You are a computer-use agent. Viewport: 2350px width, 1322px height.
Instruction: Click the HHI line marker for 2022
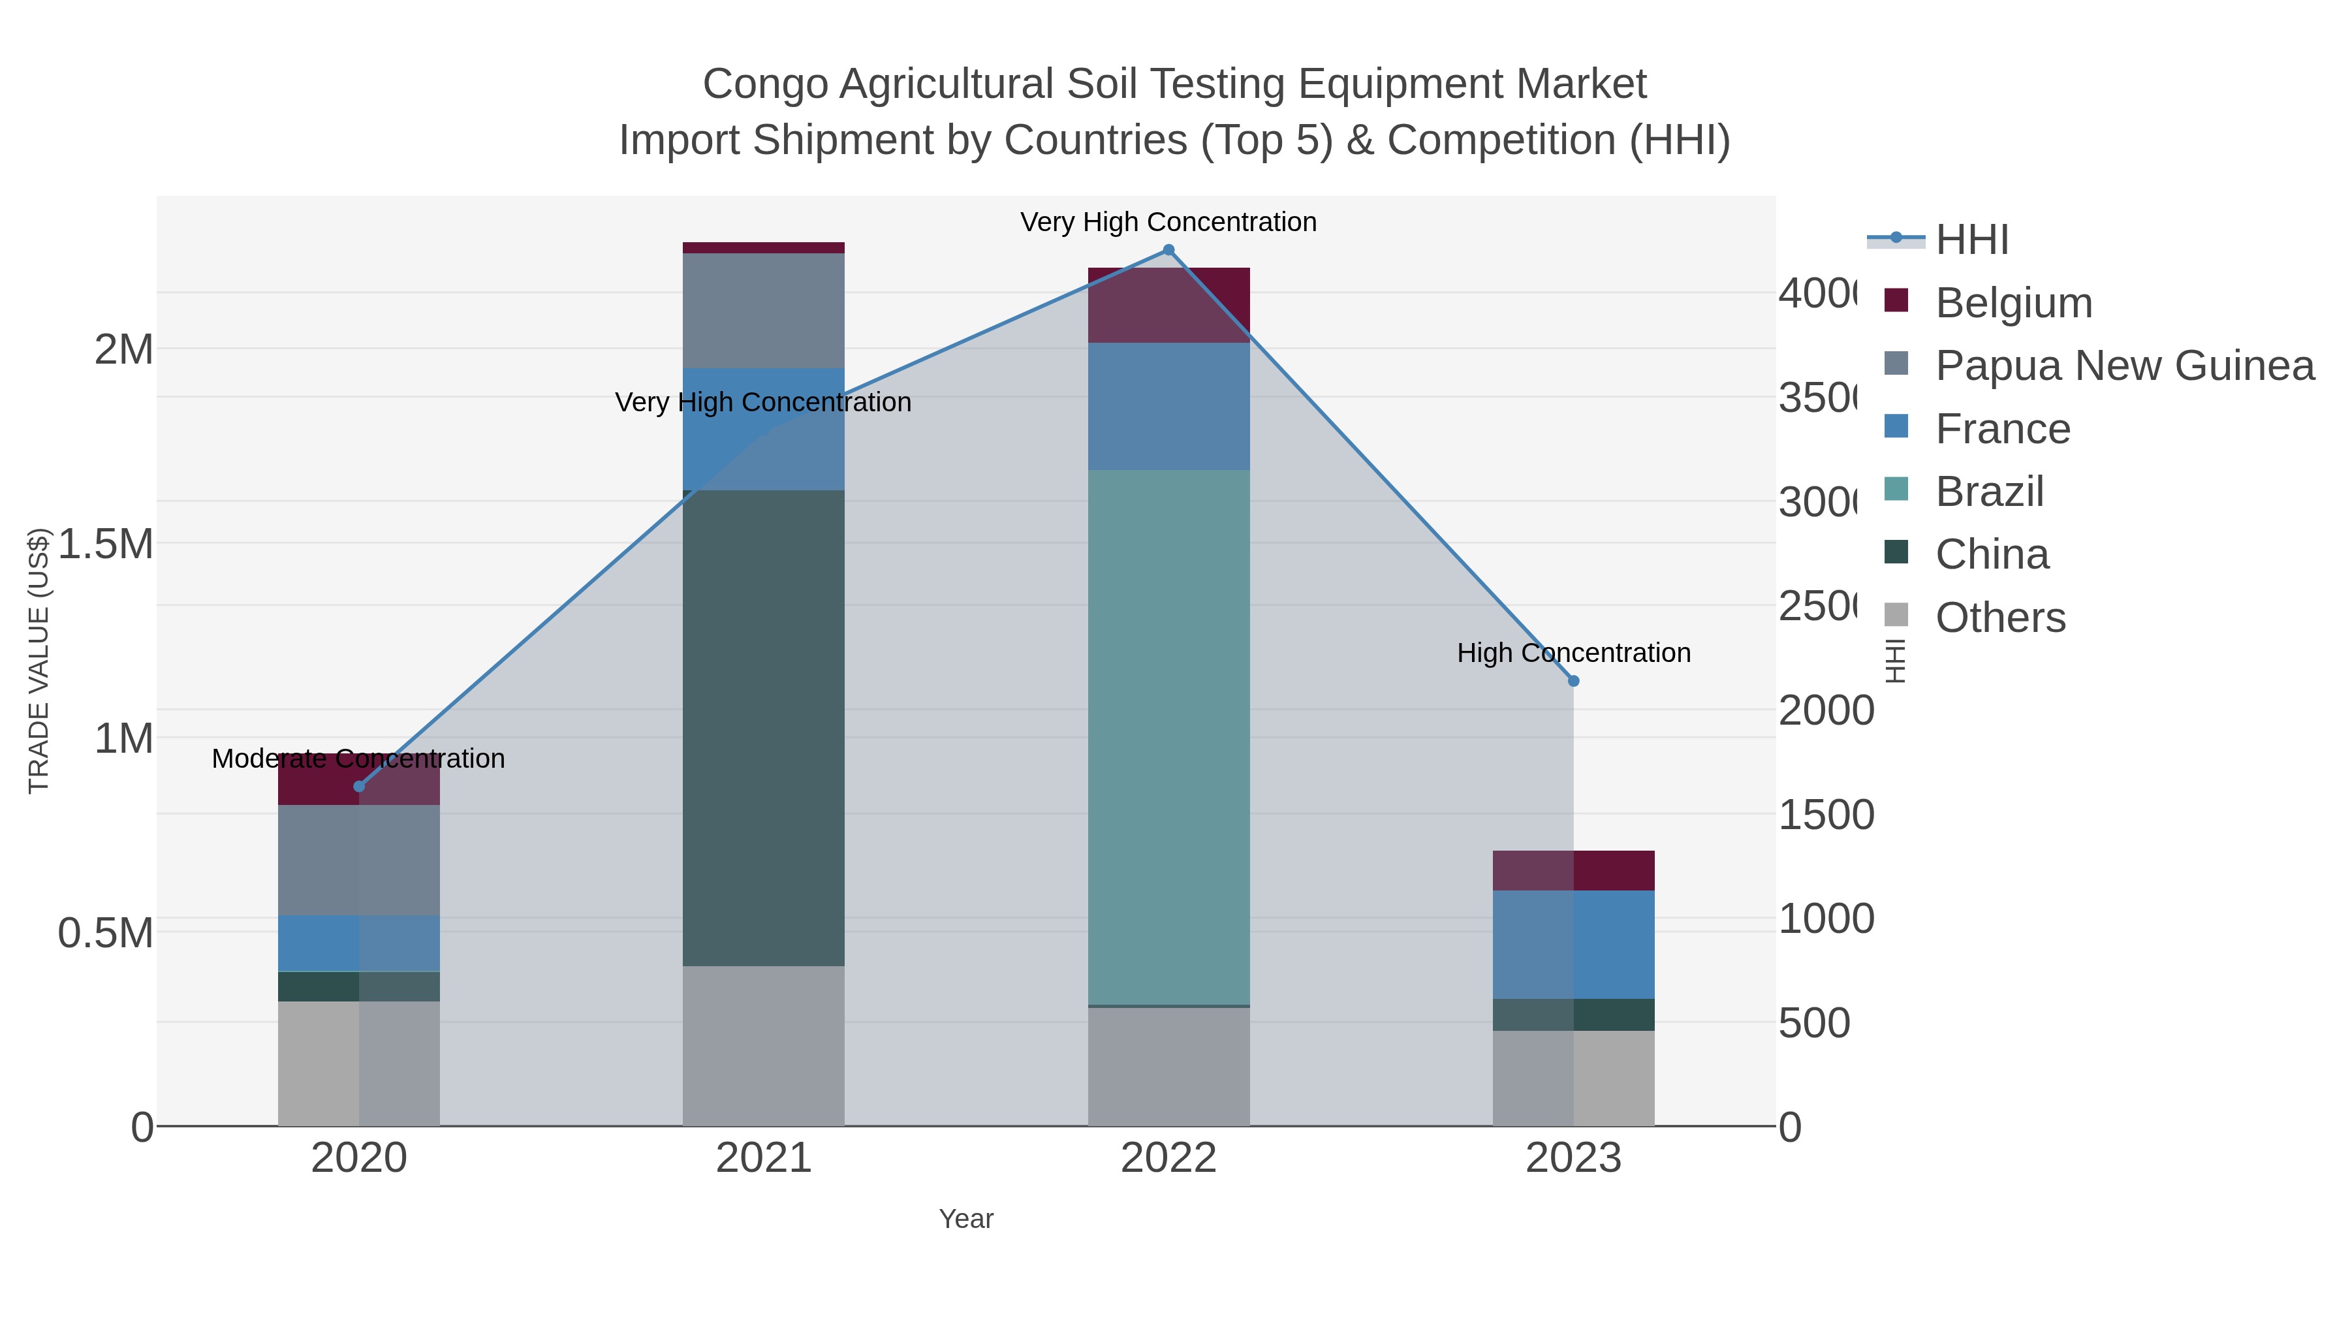coord(1168,250)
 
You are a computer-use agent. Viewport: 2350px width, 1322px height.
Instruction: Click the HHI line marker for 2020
coord(358,787)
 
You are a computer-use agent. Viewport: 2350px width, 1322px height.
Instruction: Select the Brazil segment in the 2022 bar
coord(1168,737)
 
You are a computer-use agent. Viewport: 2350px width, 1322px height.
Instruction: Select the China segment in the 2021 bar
coord(764,727)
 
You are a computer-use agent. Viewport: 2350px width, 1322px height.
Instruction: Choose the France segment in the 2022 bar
coord(1168,406)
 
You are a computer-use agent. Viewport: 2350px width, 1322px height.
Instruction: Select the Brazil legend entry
coord(1989,492)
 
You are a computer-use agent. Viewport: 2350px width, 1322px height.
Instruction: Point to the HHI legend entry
coord(1971,240)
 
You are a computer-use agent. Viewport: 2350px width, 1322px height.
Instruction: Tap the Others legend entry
coord(1999,618)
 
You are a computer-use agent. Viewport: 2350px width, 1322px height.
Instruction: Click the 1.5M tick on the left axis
coord(105,544)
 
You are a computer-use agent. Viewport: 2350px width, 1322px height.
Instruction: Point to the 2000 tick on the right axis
coord(1825,711)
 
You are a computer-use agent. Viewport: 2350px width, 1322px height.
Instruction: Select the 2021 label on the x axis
coord(764,1159)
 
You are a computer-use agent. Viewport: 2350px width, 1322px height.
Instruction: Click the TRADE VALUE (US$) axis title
coord(39,661)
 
